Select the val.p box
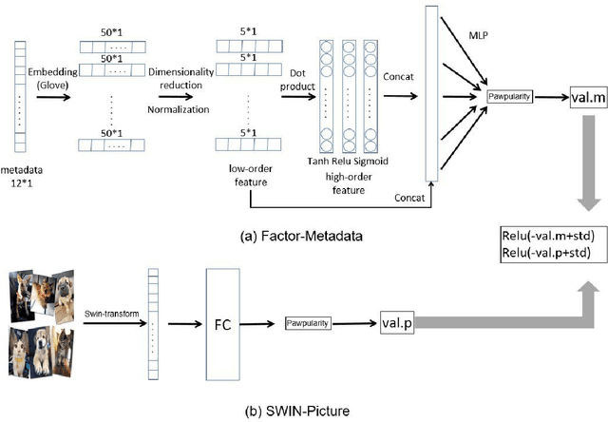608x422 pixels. pyautogui.click(x=398, y=323)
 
